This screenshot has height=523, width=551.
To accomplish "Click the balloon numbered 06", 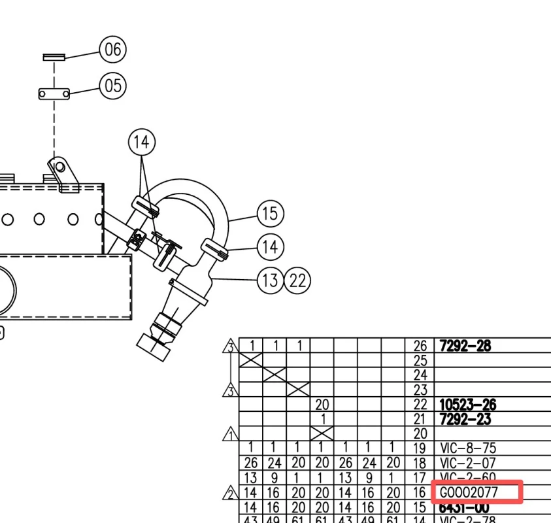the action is [112, 49].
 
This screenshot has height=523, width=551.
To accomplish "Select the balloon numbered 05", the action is [112, 86].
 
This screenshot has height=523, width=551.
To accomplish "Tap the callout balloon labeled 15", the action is [271, 214].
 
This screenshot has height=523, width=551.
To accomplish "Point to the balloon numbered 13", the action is [270, 280].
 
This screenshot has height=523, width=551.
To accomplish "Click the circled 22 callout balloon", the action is [297, 280].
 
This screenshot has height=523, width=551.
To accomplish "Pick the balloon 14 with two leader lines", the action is [142, 142].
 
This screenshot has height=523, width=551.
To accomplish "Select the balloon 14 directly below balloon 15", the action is [271, 247].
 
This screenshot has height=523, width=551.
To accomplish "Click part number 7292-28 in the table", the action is [464, 346].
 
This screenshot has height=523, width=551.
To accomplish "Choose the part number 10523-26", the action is [468, 405].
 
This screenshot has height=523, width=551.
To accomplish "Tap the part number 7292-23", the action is [464, 419].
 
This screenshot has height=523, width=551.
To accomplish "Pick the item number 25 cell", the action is [420, 360].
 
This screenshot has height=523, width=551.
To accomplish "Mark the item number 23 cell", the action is [420, 390].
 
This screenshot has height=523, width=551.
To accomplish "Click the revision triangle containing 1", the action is [230, 434].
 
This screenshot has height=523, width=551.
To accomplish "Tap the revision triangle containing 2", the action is [230, 493].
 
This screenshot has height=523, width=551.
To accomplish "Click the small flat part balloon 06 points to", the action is [54, 58].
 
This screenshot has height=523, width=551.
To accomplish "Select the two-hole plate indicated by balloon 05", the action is [54, 94].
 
